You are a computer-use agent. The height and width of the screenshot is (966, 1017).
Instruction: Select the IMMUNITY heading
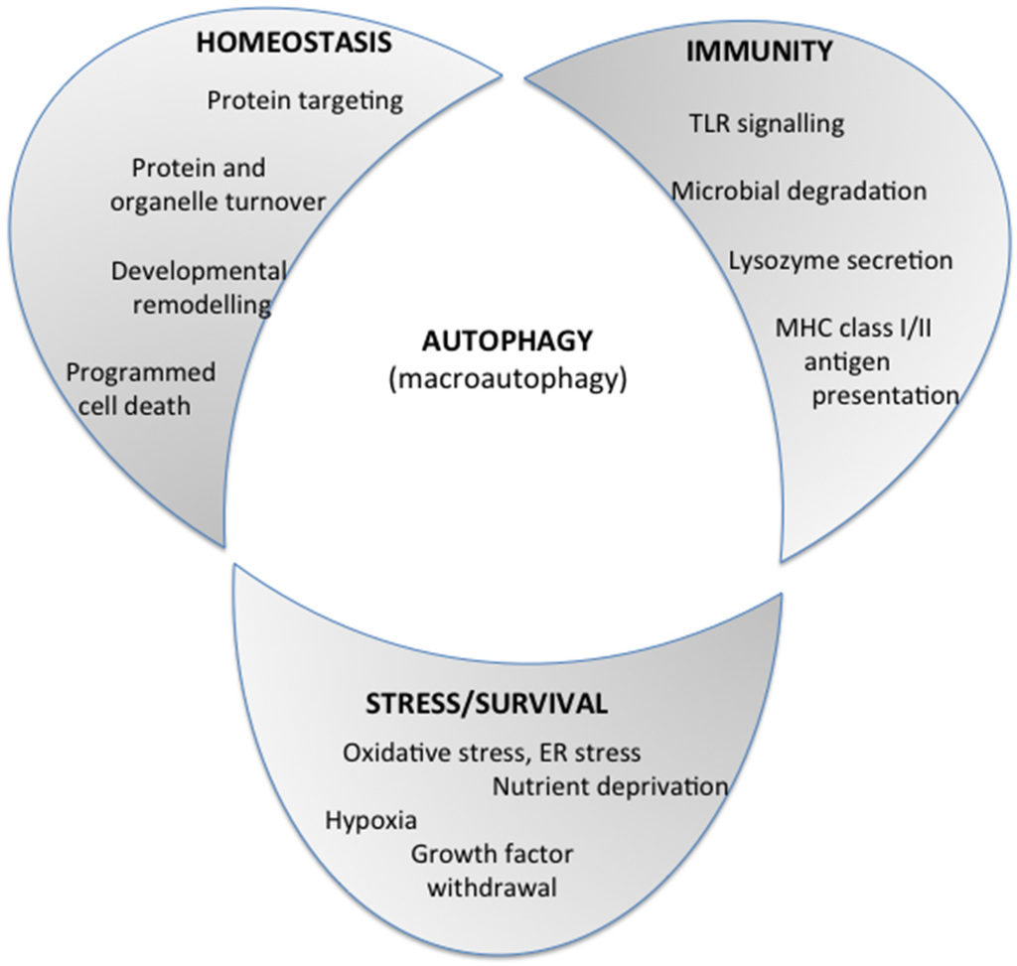point(758,52)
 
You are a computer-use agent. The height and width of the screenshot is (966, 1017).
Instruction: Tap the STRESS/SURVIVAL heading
point(486,704)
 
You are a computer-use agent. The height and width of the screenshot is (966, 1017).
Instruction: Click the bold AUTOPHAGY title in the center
point(507,341)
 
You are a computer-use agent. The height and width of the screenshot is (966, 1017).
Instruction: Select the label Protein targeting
point(305,100)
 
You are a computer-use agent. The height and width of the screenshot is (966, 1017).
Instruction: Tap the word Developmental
point(199,271)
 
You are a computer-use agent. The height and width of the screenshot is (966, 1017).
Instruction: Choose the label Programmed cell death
point(140,388)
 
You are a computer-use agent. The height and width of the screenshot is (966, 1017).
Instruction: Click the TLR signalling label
point(766,123)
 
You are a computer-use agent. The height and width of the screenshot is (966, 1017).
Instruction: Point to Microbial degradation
point(799,191)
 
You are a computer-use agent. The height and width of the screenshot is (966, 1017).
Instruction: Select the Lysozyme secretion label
point(840,260)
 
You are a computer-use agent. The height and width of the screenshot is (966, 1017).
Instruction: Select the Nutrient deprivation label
point(610,786)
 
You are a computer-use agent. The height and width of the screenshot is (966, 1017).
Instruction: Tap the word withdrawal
point(492,887)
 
